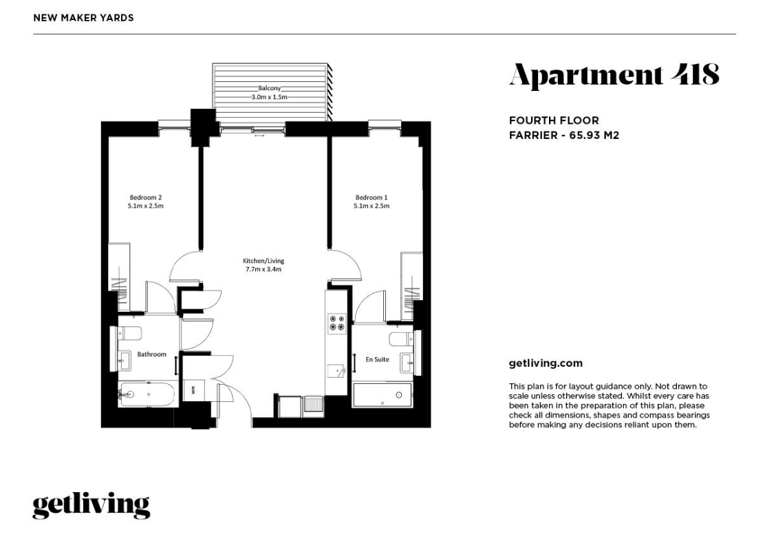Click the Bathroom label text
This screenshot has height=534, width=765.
[151, 354]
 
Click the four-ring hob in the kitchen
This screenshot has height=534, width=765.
[336, 323]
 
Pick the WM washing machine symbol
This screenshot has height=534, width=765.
[193, 390]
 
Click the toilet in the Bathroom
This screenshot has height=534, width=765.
[130, 334]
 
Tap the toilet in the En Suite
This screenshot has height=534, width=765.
[400, 339]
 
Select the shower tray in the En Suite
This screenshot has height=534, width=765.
[383, 395]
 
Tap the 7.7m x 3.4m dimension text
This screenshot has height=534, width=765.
[263, 270]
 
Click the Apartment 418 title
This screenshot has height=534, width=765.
[614, 74]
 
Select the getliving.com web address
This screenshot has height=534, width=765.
[545, 363]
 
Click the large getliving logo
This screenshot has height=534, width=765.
[91, 506]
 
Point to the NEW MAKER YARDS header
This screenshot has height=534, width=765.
[83, 17]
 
